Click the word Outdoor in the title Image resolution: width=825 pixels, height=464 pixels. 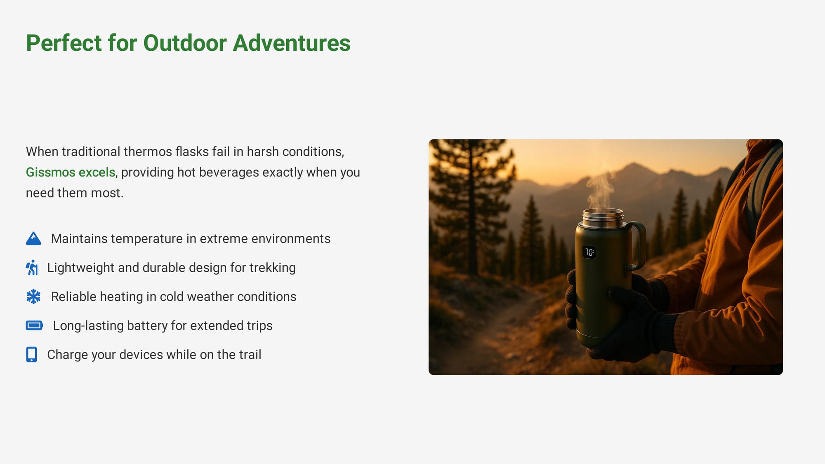[x=185, y=43]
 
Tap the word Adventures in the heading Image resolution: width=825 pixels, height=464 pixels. [x=292, y=43]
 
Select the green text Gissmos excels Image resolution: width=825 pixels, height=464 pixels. [x=71, y=172]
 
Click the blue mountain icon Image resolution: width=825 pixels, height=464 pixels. [x=33, y=238]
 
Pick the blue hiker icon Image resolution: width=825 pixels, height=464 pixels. [x=32, y=268]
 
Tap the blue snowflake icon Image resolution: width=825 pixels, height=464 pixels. [x=33, y=297]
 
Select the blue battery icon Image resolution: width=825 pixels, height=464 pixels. [x=34, y=325]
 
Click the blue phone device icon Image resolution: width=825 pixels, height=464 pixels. [x=31, y=355]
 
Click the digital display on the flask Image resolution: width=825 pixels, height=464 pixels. [x=589, y=252]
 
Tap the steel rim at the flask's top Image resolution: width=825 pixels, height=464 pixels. [x=603, y=218]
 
